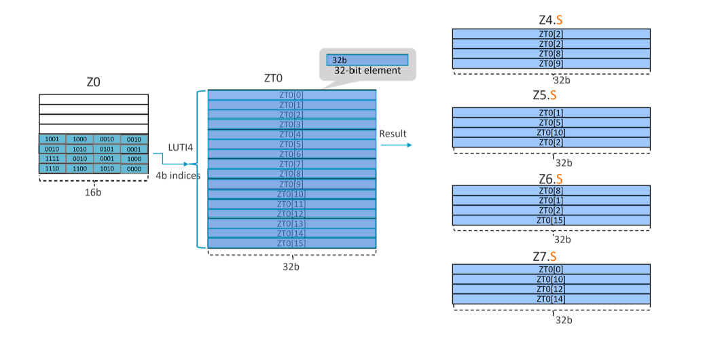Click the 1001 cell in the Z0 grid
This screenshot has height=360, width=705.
52,139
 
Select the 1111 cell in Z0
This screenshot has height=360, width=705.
52,158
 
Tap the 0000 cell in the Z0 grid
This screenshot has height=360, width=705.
134,168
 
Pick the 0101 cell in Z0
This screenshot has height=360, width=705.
107,149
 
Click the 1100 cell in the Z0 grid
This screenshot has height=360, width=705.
79,168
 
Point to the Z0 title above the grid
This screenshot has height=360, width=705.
93,82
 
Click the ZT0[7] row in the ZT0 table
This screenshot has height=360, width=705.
291,164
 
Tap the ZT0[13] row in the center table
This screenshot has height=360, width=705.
291,223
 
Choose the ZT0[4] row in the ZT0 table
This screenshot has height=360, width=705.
291,134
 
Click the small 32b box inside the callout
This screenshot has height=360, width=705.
367,60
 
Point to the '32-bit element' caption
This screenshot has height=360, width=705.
367,71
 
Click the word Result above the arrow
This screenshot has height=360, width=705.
393,133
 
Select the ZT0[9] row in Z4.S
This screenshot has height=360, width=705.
551,64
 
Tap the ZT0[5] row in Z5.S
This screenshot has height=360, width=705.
551,122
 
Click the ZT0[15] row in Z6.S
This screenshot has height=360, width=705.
551,220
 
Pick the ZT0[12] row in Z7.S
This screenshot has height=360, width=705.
551,289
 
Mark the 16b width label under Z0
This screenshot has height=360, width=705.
93,192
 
